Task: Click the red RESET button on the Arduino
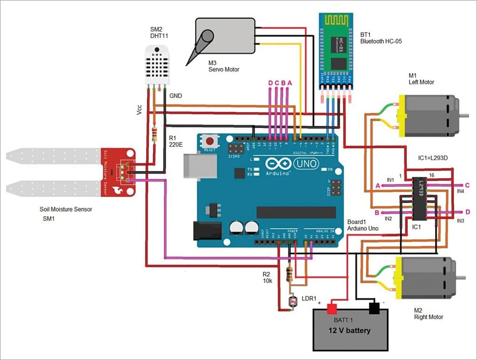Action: click(210, 141)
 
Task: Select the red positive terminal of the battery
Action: click(332, 308)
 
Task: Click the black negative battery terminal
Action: click(374, 308)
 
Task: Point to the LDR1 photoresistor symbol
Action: click(293, 302)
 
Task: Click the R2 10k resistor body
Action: click(289, 273)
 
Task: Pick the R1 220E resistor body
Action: click(155, 134)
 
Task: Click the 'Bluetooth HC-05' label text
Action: click(381, 41)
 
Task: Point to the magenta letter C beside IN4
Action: click(467, 185)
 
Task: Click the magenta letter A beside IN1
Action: click(378, 185)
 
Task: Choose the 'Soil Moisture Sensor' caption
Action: click(66, 209)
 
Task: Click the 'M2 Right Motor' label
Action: click(428, 313)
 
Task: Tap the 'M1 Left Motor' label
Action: click(421, 79)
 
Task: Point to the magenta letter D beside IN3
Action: click(468, 212)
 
